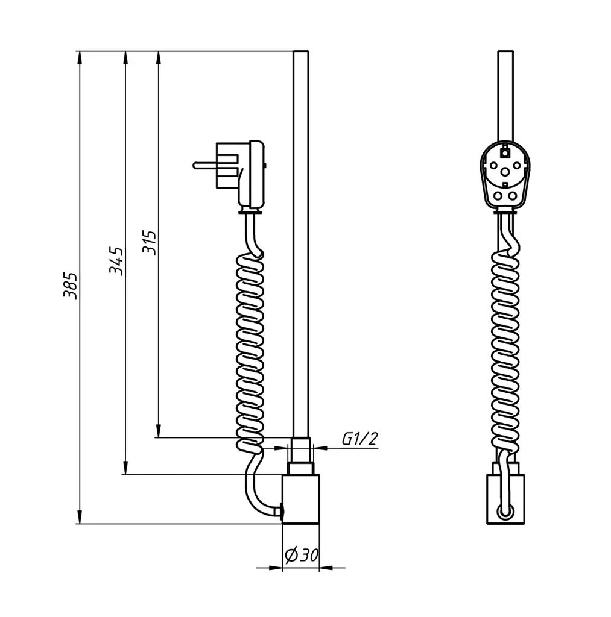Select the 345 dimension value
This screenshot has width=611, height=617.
pyautogui.click(x=116, y=261)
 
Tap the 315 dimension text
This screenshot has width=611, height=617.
pyautogui.click(x=150, y=242)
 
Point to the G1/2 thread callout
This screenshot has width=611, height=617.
pyautogui.click(x=359, y=439)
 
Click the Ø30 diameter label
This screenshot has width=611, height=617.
pyautogui.click(x=302, y=555)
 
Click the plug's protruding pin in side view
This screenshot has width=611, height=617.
pyautogui.click(x=204, y=165)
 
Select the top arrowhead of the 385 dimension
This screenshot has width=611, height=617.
pyautogui.click(x=80, y=58)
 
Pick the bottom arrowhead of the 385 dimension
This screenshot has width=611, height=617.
pyautogui.click(x=80, y=516)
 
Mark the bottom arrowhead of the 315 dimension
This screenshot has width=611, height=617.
pyautogui.click(x=159, y=430)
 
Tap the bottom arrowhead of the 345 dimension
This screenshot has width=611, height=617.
pyautogui.click(x=125, y=468)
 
